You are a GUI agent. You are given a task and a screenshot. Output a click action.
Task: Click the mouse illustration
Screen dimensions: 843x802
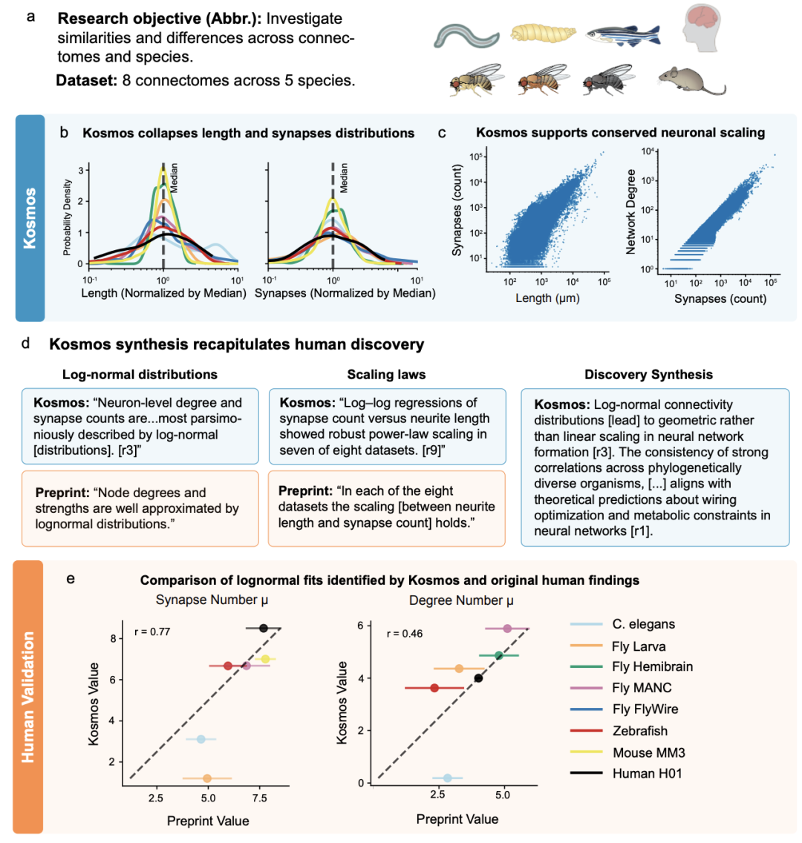tap(690, 79)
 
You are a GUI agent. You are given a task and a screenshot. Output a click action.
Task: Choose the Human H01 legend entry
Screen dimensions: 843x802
tap(647, 773)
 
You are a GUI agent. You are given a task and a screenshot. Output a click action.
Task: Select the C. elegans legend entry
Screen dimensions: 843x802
tap(643, 624)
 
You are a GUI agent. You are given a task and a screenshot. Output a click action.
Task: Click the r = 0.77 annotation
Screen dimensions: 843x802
tap(151, 632)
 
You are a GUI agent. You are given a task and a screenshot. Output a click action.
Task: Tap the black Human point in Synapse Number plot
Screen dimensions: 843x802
tap(264, 628)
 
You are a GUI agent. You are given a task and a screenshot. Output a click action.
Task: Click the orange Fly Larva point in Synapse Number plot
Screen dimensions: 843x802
tap(207, 778)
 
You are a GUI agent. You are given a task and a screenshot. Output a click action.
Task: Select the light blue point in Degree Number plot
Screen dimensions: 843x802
tap(447, 778)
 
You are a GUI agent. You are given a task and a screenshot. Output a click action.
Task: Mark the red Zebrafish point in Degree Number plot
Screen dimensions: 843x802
tap(434, 688)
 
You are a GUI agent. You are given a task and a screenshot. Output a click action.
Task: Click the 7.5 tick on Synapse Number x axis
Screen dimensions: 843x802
tap(259, 798)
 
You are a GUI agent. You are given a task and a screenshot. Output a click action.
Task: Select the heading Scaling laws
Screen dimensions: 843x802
tap(385, 375)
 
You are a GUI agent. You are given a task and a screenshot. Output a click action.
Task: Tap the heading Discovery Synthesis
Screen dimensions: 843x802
tap(649, 375)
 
